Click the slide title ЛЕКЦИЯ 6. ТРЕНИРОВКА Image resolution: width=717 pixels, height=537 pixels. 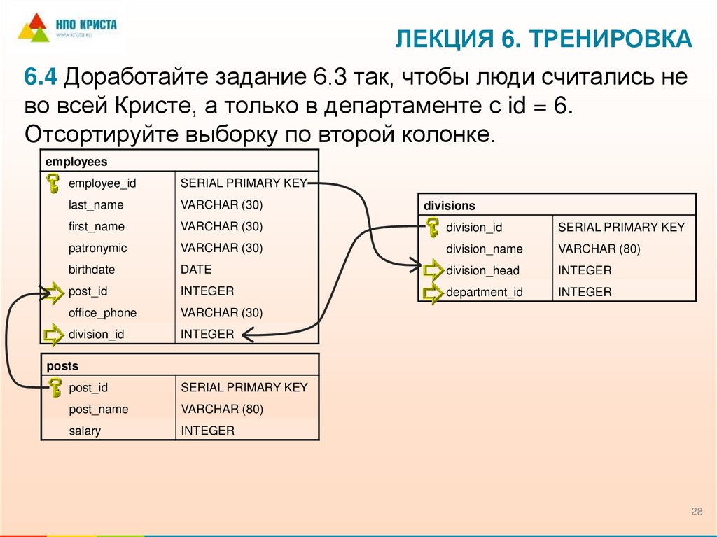point(543,39)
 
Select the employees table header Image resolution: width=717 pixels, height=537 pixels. point(76,162)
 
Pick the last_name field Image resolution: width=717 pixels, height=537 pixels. point(96,205)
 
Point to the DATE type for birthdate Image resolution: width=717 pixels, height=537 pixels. point(196,270)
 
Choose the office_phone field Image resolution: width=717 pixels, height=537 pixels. point(102,313)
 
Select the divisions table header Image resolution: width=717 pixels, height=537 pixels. point(449,206)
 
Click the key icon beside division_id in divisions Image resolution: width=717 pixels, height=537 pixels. point(432,227)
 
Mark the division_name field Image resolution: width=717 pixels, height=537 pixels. point(484,249)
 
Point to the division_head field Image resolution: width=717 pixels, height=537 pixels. point(482,271)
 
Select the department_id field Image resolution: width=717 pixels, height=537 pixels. point(484,293)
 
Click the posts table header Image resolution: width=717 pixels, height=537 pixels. point(62,366)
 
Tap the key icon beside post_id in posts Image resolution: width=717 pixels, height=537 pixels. point(54,387)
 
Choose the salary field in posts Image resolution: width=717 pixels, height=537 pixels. point(85,431)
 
